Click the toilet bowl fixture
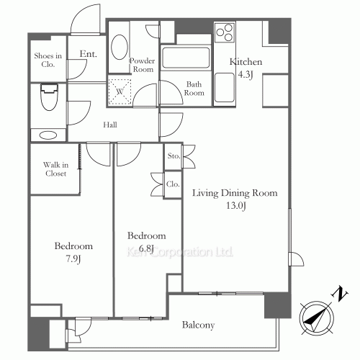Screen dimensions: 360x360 click(x=49, y=96)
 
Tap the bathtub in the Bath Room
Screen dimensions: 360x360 click(x=186, y=58)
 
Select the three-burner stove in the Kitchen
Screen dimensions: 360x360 click(x=225, y=32)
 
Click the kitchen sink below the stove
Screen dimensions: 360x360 click(x=225, y=88)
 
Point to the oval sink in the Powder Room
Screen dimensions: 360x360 click(x=120, y=47)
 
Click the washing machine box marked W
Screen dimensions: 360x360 click(x=120, y=91)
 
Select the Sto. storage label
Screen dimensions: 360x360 click(x=174, y=156)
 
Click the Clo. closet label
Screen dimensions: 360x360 click(x=173, y=184)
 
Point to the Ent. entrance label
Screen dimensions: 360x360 click(x=89, y=54)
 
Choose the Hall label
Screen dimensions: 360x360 click(x=110, y=125)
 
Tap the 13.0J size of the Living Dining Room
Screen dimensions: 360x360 click(x=236, y=206)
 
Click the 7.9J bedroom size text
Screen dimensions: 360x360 click(x=73, y=259)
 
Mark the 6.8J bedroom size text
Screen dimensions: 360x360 click(x=146, y=248)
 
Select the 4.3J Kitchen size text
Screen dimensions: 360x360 click(x=246, y=74)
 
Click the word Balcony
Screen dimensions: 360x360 click(x=198, y=325)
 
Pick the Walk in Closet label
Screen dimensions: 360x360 click(x=55, y=169)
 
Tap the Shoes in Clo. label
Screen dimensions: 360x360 click(x=48, y=60)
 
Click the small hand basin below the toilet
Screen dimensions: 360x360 click(x=48, y=135)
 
